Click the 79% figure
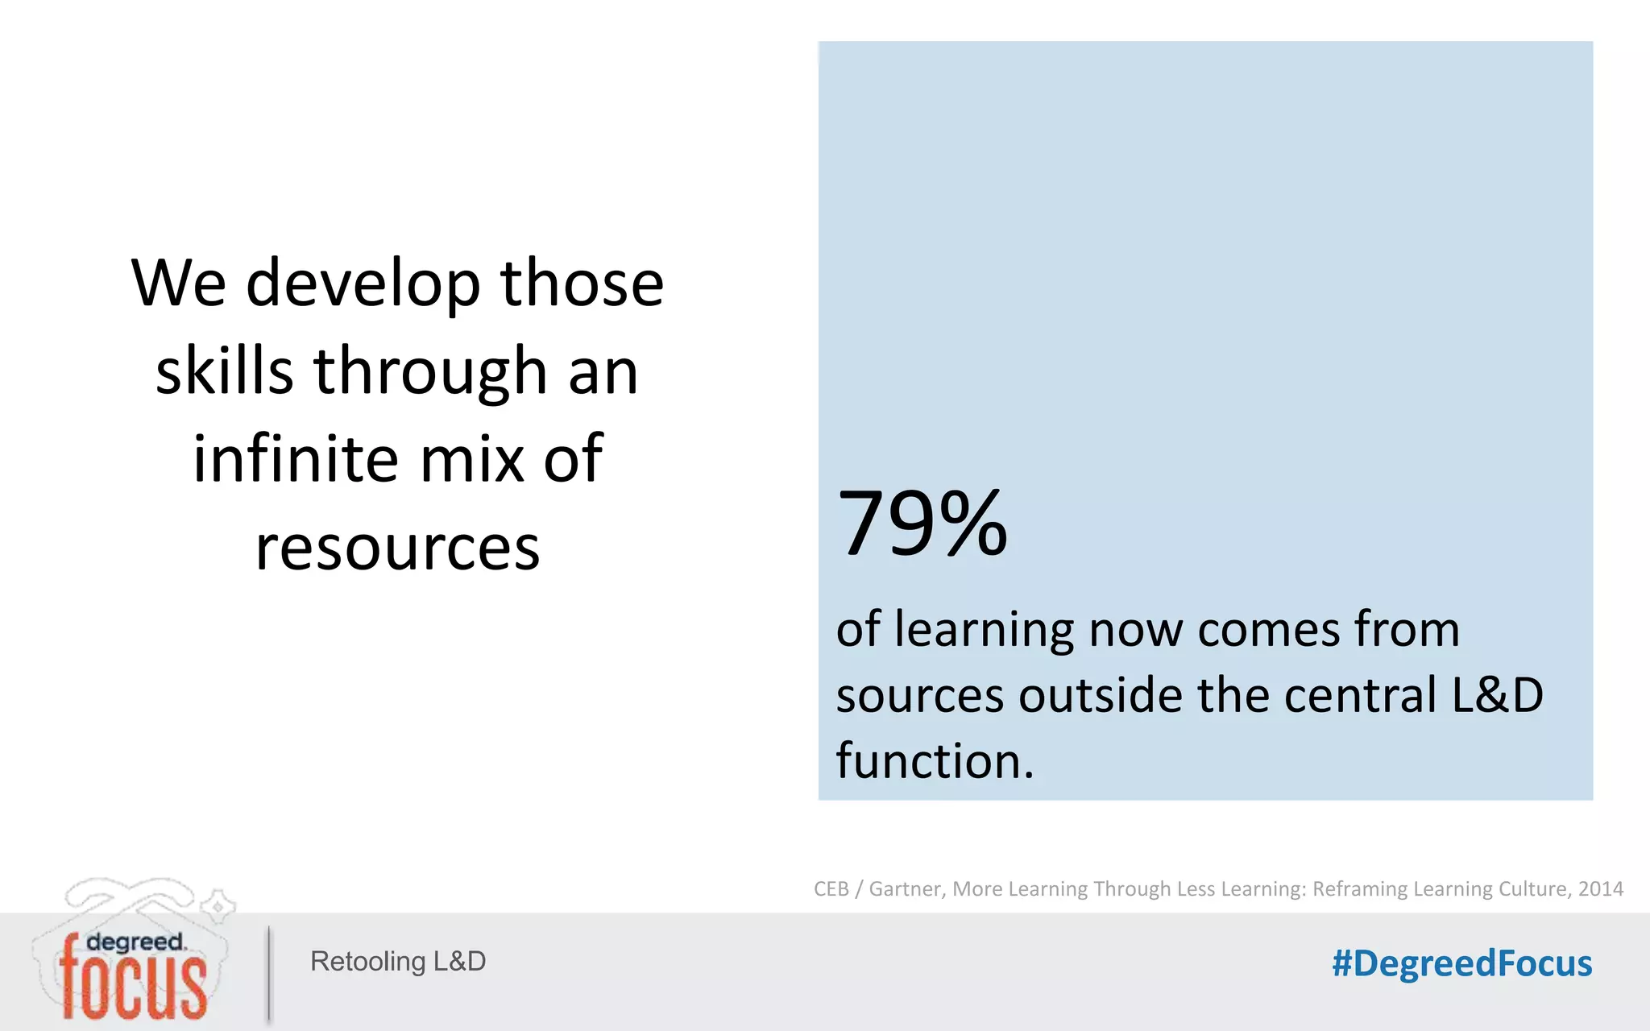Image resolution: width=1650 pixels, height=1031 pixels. pyautogui.click(x=922, y=524)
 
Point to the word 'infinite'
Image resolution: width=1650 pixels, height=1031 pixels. pyautogui.click(x=295, y=458)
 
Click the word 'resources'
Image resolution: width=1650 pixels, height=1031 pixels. pyautogui.click(x=397, y=548)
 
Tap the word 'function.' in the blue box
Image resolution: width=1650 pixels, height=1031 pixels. pyautogui.click(x=935, y=761)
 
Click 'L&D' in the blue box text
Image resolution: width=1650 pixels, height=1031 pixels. pyautogui.click(x=1497, y=695)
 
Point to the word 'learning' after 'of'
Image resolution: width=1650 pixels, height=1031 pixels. pyautogui.click(x=985, y=630)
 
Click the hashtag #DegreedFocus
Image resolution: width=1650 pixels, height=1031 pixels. pyautogui.click(x=1461, y=963)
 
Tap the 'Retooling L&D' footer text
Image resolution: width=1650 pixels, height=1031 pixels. pyautogui.click(x=398, y=961)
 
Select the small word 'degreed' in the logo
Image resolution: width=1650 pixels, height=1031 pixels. pyautogui.click(x=135, y=942)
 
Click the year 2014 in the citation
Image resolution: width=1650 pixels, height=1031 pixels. pyautogui.click(x=1600, y=888)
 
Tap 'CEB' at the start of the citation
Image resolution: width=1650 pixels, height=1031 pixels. pyautogui.click(x=831, y=888)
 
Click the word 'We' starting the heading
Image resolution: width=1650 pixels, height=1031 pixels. pyautogui.click(x=179, y=284)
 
